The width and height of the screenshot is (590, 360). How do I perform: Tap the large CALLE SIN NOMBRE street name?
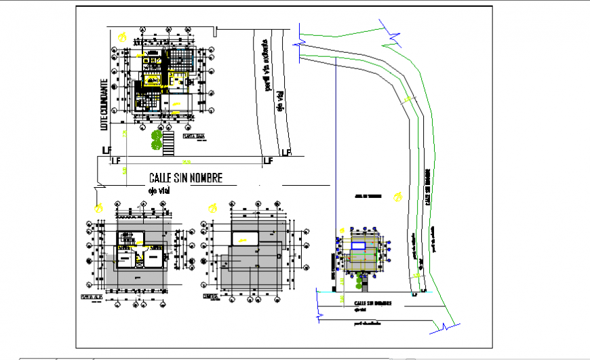pos(186,178)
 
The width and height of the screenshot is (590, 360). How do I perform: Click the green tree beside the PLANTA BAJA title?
pos(157,139)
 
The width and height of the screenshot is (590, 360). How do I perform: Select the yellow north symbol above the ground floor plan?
pos(121,37)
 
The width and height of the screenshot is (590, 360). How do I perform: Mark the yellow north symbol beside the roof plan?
pos(213,207)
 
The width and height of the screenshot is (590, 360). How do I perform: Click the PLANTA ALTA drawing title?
pos(91,296)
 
